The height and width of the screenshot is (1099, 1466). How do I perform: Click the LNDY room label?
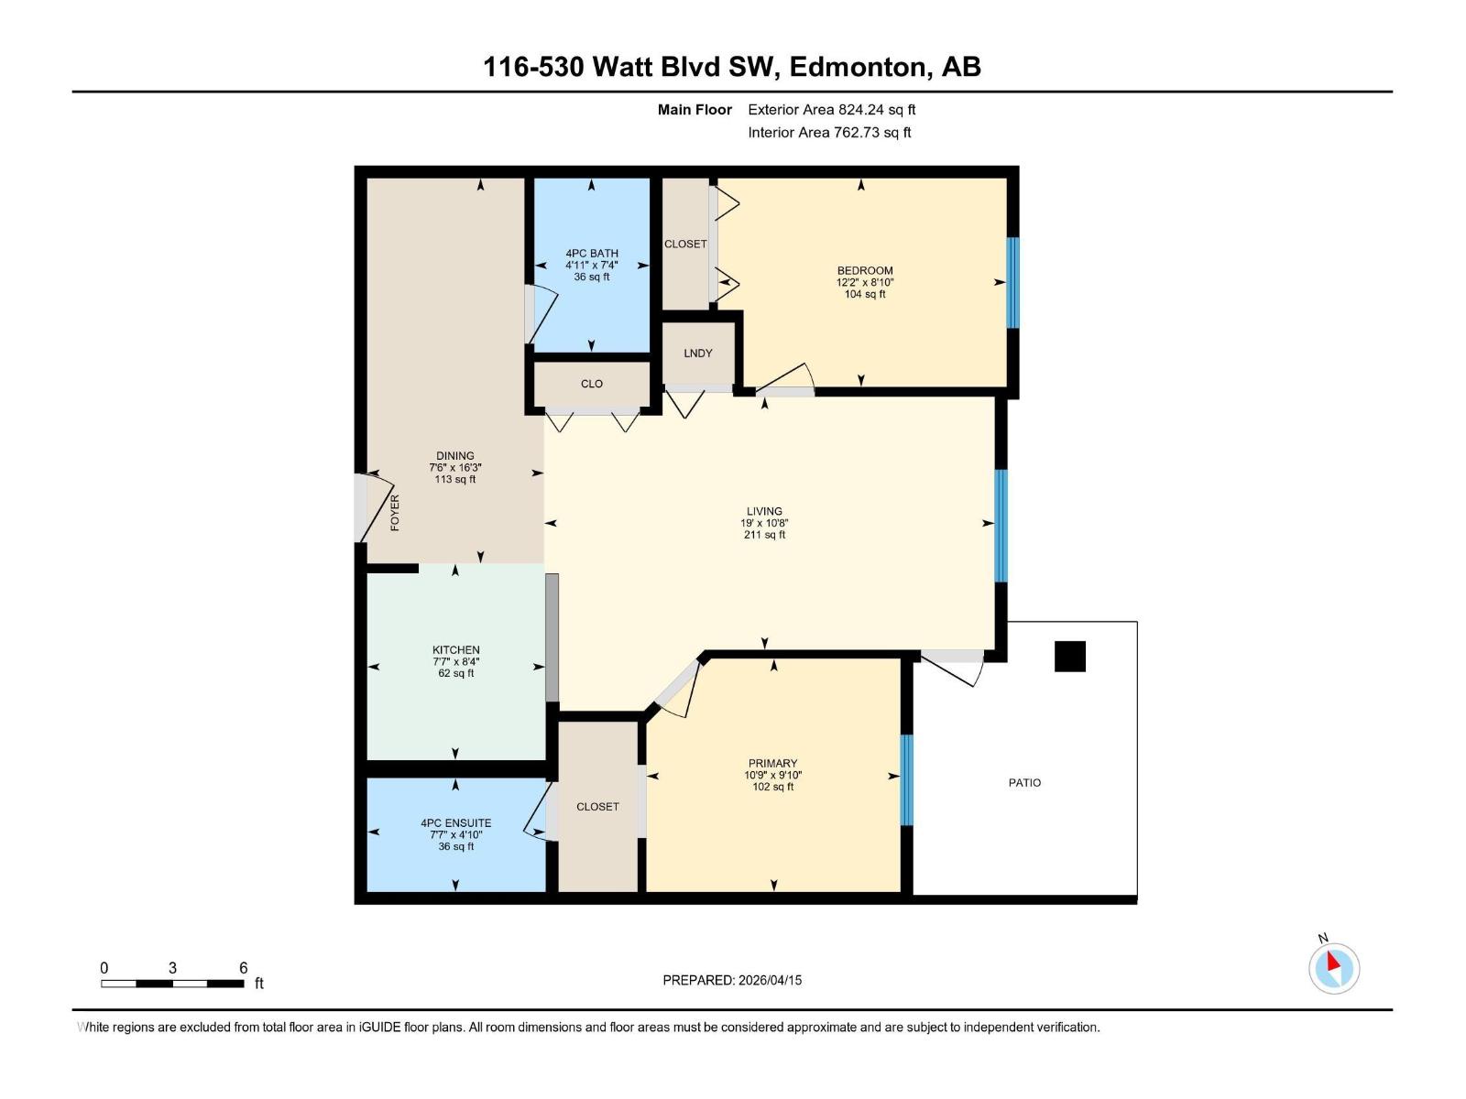pos(697,354)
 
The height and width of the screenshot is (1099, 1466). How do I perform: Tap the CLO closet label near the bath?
pos(592,384)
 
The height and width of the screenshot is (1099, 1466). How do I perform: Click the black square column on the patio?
pos(1069,657)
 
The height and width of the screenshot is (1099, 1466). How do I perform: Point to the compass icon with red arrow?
pos(1333,968)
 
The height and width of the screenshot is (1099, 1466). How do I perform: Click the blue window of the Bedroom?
pos(1012,283)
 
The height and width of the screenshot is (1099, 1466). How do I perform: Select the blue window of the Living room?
pos(1001,526)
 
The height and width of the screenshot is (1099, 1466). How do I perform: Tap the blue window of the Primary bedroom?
pos(906,779)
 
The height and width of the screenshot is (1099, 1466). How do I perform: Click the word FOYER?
pos(396,513)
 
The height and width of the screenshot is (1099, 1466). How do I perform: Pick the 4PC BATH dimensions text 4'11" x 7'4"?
pos(592,266)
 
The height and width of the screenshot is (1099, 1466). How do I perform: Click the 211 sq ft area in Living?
pos(764,535)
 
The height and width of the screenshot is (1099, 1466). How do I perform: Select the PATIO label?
pos(1024,783)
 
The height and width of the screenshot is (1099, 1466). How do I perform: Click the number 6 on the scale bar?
pos(244,968)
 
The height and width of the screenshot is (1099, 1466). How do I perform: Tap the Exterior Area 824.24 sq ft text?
pos(831,110)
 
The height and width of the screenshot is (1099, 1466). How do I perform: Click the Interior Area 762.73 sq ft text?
pos(829,133)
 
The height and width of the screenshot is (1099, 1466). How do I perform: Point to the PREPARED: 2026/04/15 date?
pos(732,980)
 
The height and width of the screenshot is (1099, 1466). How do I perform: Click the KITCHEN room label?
pos(456,650)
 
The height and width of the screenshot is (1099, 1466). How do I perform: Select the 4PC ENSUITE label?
pos(456,823)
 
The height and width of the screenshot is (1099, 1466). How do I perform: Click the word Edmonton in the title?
pos(857,67)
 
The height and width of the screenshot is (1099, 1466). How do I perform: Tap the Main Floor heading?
pos(695,110)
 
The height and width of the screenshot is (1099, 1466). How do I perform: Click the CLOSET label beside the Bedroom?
pos(685,245)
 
